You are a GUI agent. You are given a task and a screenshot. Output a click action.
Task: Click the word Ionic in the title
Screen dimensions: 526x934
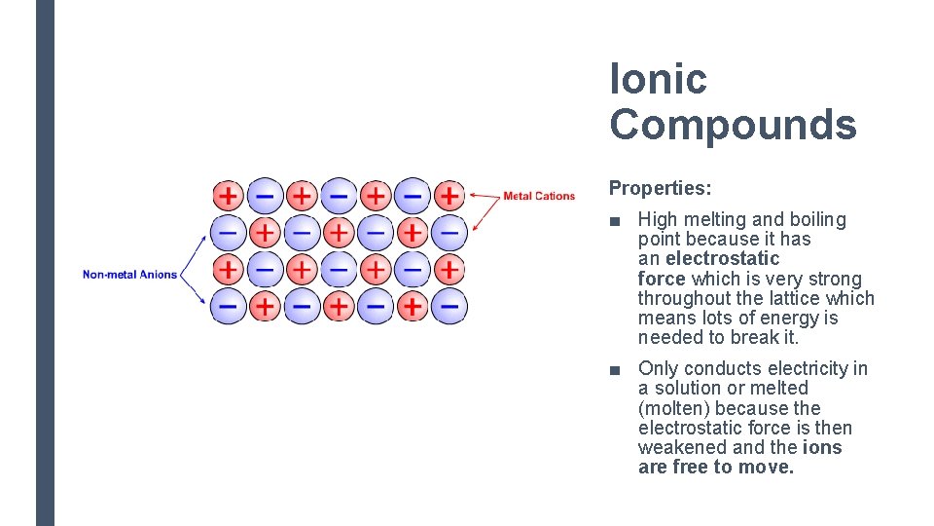click(x=658, y=79)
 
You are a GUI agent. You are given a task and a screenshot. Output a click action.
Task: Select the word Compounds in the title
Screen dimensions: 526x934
click(x=733, y=125)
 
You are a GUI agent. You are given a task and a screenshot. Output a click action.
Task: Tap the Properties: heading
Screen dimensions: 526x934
click(x=660, y=187)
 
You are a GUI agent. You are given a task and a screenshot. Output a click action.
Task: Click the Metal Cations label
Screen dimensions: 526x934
click(x=538, y=196)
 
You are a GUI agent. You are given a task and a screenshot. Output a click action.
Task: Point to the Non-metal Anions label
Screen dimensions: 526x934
click(x=129, y=275)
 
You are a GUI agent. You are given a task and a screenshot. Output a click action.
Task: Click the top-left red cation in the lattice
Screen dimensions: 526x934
click(x=227, y=195)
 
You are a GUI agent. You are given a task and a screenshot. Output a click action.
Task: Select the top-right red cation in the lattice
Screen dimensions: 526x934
click(x=449, y=195)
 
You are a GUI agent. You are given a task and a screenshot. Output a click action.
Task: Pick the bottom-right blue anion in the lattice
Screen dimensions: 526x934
click(x=449, y=307)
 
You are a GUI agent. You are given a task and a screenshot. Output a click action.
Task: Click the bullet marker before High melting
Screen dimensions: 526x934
click(x=614, y=221)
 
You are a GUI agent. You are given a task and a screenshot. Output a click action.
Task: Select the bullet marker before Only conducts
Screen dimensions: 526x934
click(x=614, y=369)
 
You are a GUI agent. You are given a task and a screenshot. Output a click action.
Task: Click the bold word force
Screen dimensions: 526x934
click(x=663, y=279)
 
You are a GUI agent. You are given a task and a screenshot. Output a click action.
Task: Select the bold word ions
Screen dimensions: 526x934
click(x=822, y=447)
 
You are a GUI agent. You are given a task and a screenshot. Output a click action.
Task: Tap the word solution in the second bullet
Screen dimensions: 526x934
click(x=687, y=388)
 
